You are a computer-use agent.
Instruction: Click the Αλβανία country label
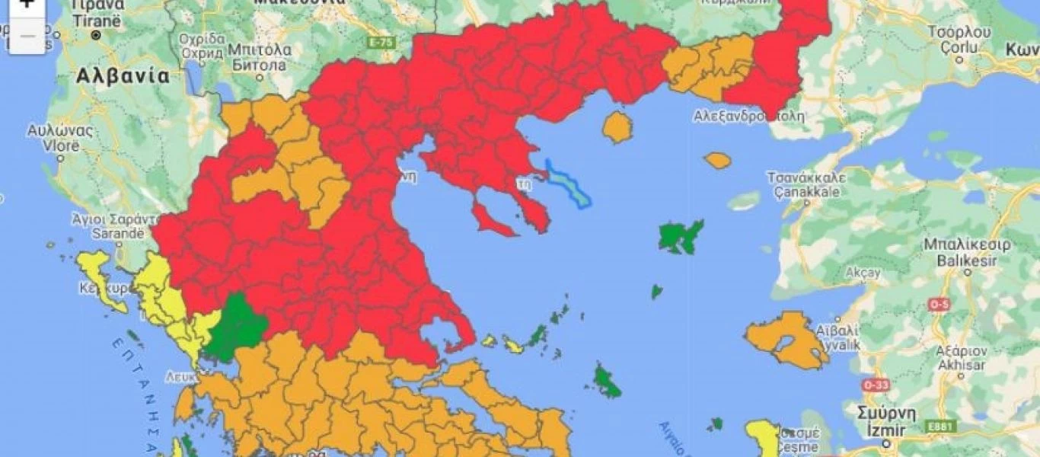[x=122, y=76]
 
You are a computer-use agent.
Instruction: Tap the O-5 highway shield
[x=939, y=305]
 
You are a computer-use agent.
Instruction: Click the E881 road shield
[x=941, y=427]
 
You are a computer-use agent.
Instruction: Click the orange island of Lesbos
[x=784, y=339]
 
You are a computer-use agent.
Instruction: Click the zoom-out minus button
[x=27, y=37]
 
